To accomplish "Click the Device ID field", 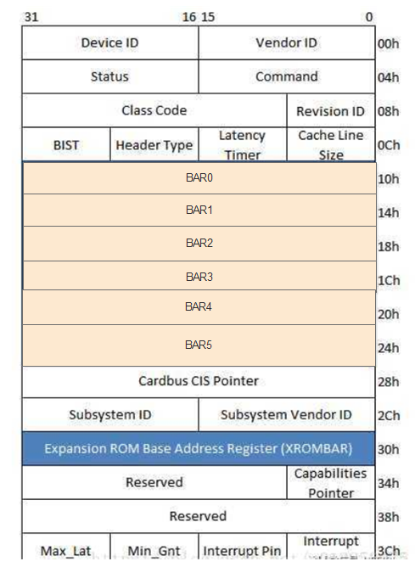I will coord(110,43).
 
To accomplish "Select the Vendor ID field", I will coord(287,43).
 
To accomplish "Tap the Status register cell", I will coord(110,76).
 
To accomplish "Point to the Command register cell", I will coord(287,76).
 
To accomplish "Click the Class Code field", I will coord(154,110).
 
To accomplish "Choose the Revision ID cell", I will coord(331,111).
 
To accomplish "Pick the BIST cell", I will coord(66,145).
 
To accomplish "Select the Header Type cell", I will coord(154,145).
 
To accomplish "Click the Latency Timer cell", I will coord(242,145).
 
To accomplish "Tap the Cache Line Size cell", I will coord(331,145).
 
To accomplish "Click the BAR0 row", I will coord(199,178).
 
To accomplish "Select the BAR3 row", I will coord(199,277).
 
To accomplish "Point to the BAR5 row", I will coord(199,345).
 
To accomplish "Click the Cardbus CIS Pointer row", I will coord(199,381).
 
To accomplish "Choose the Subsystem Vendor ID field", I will coord(287,415).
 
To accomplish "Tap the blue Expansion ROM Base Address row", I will coord(199,448).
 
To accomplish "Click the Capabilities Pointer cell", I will coord(331,482).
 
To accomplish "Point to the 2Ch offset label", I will coord(389,416).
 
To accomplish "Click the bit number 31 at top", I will coord(31,17).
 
